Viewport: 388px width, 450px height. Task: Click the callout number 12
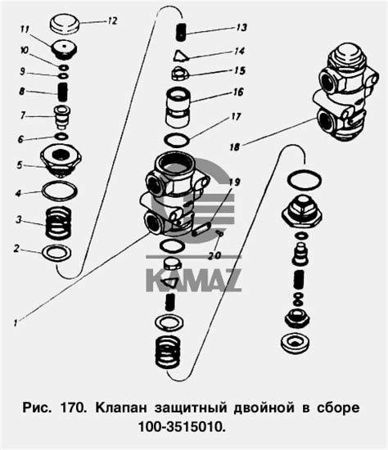pos(112,21)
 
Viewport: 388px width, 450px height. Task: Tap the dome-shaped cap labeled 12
pos(65,25)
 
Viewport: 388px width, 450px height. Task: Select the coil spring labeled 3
pos(59,223)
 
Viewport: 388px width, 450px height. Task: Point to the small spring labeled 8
pos(62,92)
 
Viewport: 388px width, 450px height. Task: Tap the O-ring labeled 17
pos(177,141)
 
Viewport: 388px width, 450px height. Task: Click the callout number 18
pos(234,147)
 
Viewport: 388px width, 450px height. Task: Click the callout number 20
pos(214,255)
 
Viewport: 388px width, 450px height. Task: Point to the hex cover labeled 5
pos(61,160)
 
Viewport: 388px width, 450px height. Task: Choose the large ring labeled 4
pos(60,191)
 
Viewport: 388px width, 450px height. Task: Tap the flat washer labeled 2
pos(56,253)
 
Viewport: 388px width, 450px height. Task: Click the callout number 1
pos(16,322)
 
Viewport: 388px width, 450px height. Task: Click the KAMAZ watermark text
pos(193,280)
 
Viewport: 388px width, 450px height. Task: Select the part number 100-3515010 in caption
pos(182,427)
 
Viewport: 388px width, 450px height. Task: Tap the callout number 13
pos(241,27)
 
